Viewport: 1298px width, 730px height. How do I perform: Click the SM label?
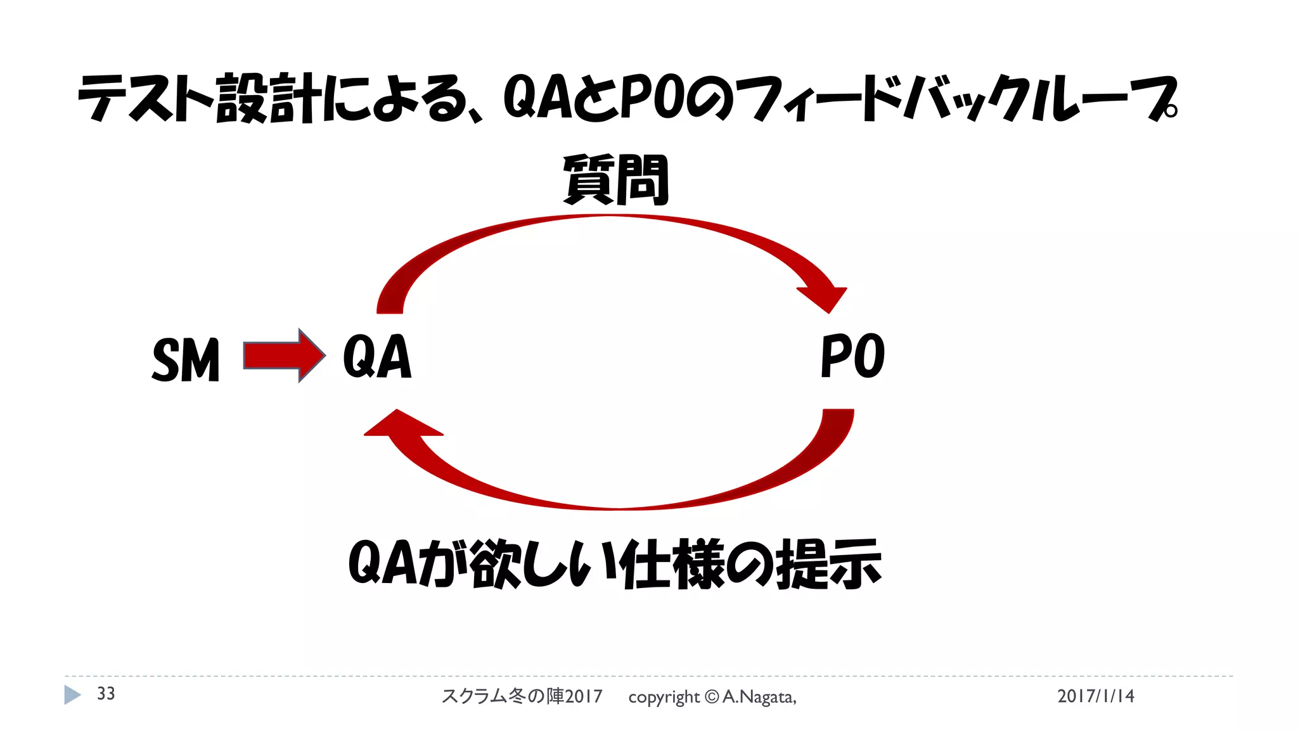[x=186, y=359]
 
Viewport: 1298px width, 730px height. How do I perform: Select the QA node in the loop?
[x=377, y=357]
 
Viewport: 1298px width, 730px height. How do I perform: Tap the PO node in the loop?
[x=852, y=356]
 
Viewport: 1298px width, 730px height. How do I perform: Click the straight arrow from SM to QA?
[x=284, y=355]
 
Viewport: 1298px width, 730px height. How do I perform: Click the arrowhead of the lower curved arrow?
[x=399, y=425]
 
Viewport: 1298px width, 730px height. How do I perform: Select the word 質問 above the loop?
[x=615, y=180]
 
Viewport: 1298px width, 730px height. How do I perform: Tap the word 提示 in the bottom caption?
[x=828, y=563]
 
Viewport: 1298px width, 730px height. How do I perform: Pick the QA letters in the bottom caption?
[x=383, y=563]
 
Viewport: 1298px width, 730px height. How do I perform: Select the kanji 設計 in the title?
[x=269, y=98]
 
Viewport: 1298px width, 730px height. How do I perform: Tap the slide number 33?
[x=106, y=694]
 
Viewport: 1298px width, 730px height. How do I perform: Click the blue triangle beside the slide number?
[x=72, y=695]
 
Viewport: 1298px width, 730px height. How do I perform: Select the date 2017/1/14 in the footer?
[x=1095, y=696]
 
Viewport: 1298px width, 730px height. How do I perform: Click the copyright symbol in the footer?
[x=712, y=697]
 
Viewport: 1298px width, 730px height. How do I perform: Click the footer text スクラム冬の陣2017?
[x=522, y=696]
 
